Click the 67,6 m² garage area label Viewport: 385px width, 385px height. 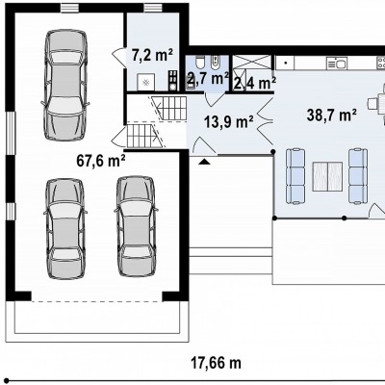click(x=101, y=161)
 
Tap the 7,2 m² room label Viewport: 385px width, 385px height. click(x=152, y=55)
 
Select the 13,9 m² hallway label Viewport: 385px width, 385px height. click(x=229, y=121)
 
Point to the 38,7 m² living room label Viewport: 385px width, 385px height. click(x=331, y=115)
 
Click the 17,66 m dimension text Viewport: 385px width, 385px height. click(x=216, y=363)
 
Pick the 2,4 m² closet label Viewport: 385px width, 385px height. click(x=255, y=84)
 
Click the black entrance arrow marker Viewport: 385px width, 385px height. click(x=204, y=162)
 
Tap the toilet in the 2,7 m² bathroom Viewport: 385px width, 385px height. click(x=199, y=63)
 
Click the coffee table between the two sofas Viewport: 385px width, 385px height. click(x=327, y=176)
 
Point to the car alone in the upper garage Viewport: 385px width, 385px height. click(x=65, y=85)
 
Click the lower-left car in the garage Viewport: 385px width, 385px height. click(x=65, y=229)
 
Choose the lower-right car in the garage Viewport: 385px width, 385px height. click(x=136, y=226)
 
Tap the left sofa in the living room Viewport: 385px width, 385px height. click(x=295, y=176)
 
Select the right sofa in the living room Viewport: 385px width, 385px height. click(x=358, y=176)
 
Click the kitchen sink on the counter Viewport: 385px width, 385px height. click(x=337, y=64)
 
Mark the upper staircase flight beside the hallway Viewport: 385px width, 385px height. click(x=170, y=108)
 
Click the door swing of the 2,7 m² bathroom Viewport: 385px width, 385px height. click(x=212, y=99)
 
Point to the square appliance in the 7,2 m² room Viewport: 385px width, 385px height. click(x=146, y=83)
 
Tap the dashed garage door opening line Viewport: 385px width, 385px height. click(x=96, y=301)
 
